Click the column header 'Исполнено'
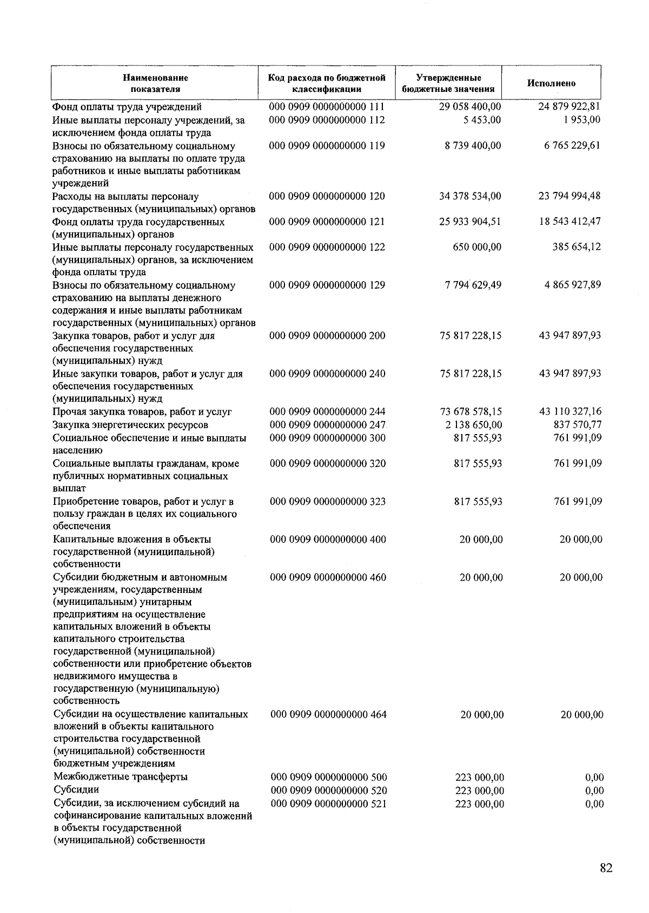(551, 83)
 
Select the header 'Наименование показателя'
(155, 83)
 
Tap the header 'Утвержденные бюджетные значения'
(448, 83)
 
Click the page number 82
(606, 868)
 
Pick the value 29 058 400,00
(470, 107)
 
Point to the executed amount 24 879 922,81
(569, 106)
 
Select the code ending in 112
(327, 120)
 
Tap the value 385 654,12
(577, 247)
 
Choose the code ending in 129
(327, 285)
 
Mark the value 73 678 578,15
(471, 412)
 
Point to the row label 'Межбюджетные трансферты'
(121, 777)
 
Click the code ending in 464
(328, 715)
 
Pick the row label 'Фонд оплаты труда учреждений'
(127, 107)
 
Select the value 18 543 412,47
(569, 222)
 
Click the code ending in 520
(329, 791)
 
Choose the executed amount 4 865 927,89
(572, 285)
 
